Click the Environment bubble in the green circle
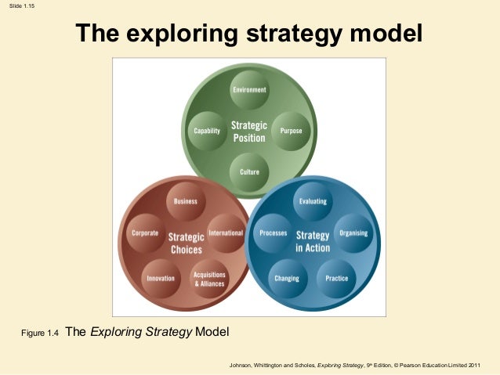(x=249, y=90)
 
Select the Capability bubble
(x=207, y=131)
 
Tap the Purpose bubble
(x=291, y=131)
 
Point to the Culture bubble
(x=249, y=171)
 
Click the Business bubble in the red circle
(x=186, y=201)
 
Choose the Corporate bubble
(x=146, y=233)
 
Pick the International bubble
(x=226, y=233)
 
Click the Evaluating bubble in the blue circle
(x=313, y=201)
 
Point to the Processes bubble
(x=274, y=233)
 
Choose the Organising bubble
(x=352, y=233)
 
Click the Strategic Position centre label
(x=249, y=131)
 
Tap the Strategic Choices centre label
(x=186, y=242)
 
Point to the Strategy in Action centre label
(x=313, y=241)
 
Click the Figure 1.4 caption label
(x=41, y=334)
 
